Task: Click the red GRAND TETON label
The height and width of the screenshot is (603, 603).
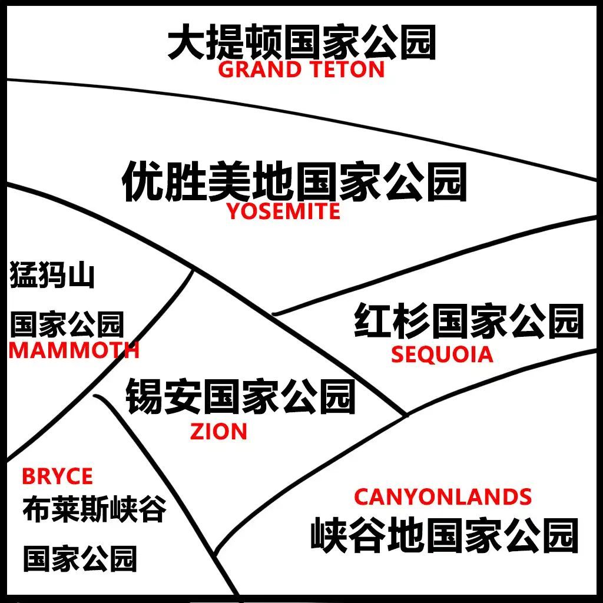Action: coord(301,69)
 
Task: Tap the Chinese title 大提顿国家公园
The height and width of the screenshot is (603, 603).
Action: coord(302,42)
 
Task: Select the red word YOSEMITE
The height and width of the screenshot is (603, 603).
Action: coord(283,211)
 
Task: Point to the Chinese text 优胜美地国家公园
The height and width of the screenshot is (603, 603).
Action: coord(294,181)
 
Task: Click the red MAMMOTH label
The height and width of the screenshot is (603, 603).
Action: coord(74,351)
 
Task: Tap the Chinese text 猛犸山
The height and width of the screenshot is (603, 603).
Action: coord(52,274)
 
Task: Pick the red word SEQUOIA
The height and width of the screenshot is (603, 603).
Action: coord(442,354)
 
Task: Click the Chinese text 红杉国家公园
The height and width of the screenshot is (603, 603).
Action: coord(469,321)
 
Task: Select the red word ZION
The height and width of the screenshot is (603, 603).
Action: coord(218,432)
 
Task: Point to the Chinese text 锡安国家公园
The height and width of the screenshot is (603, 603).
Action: coord(240,396)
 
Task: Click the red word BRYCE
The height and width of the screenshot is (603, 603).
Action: coord(57,476)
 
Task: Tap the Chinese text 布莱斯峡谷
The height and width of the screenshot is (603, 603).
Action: coord(95,509)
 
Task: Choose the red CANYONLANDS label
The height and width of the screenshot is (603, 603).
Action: coord(443,496)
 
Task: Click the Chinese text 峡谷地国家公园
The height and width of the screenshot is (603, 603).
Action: coord(445,535)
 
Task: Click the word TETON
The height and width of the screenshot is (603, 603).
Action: coord(347,69)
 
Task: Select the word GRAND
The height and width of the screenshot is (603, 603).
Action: coord(260,69)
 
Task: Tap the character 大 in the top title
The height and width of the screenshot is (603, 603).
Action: coord(186,42)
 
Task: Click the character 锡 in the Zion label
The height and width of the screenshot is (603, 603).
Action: coord(144,396)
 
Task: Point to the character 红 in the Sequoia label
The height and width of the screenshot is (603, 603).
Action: coord(372,321)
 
